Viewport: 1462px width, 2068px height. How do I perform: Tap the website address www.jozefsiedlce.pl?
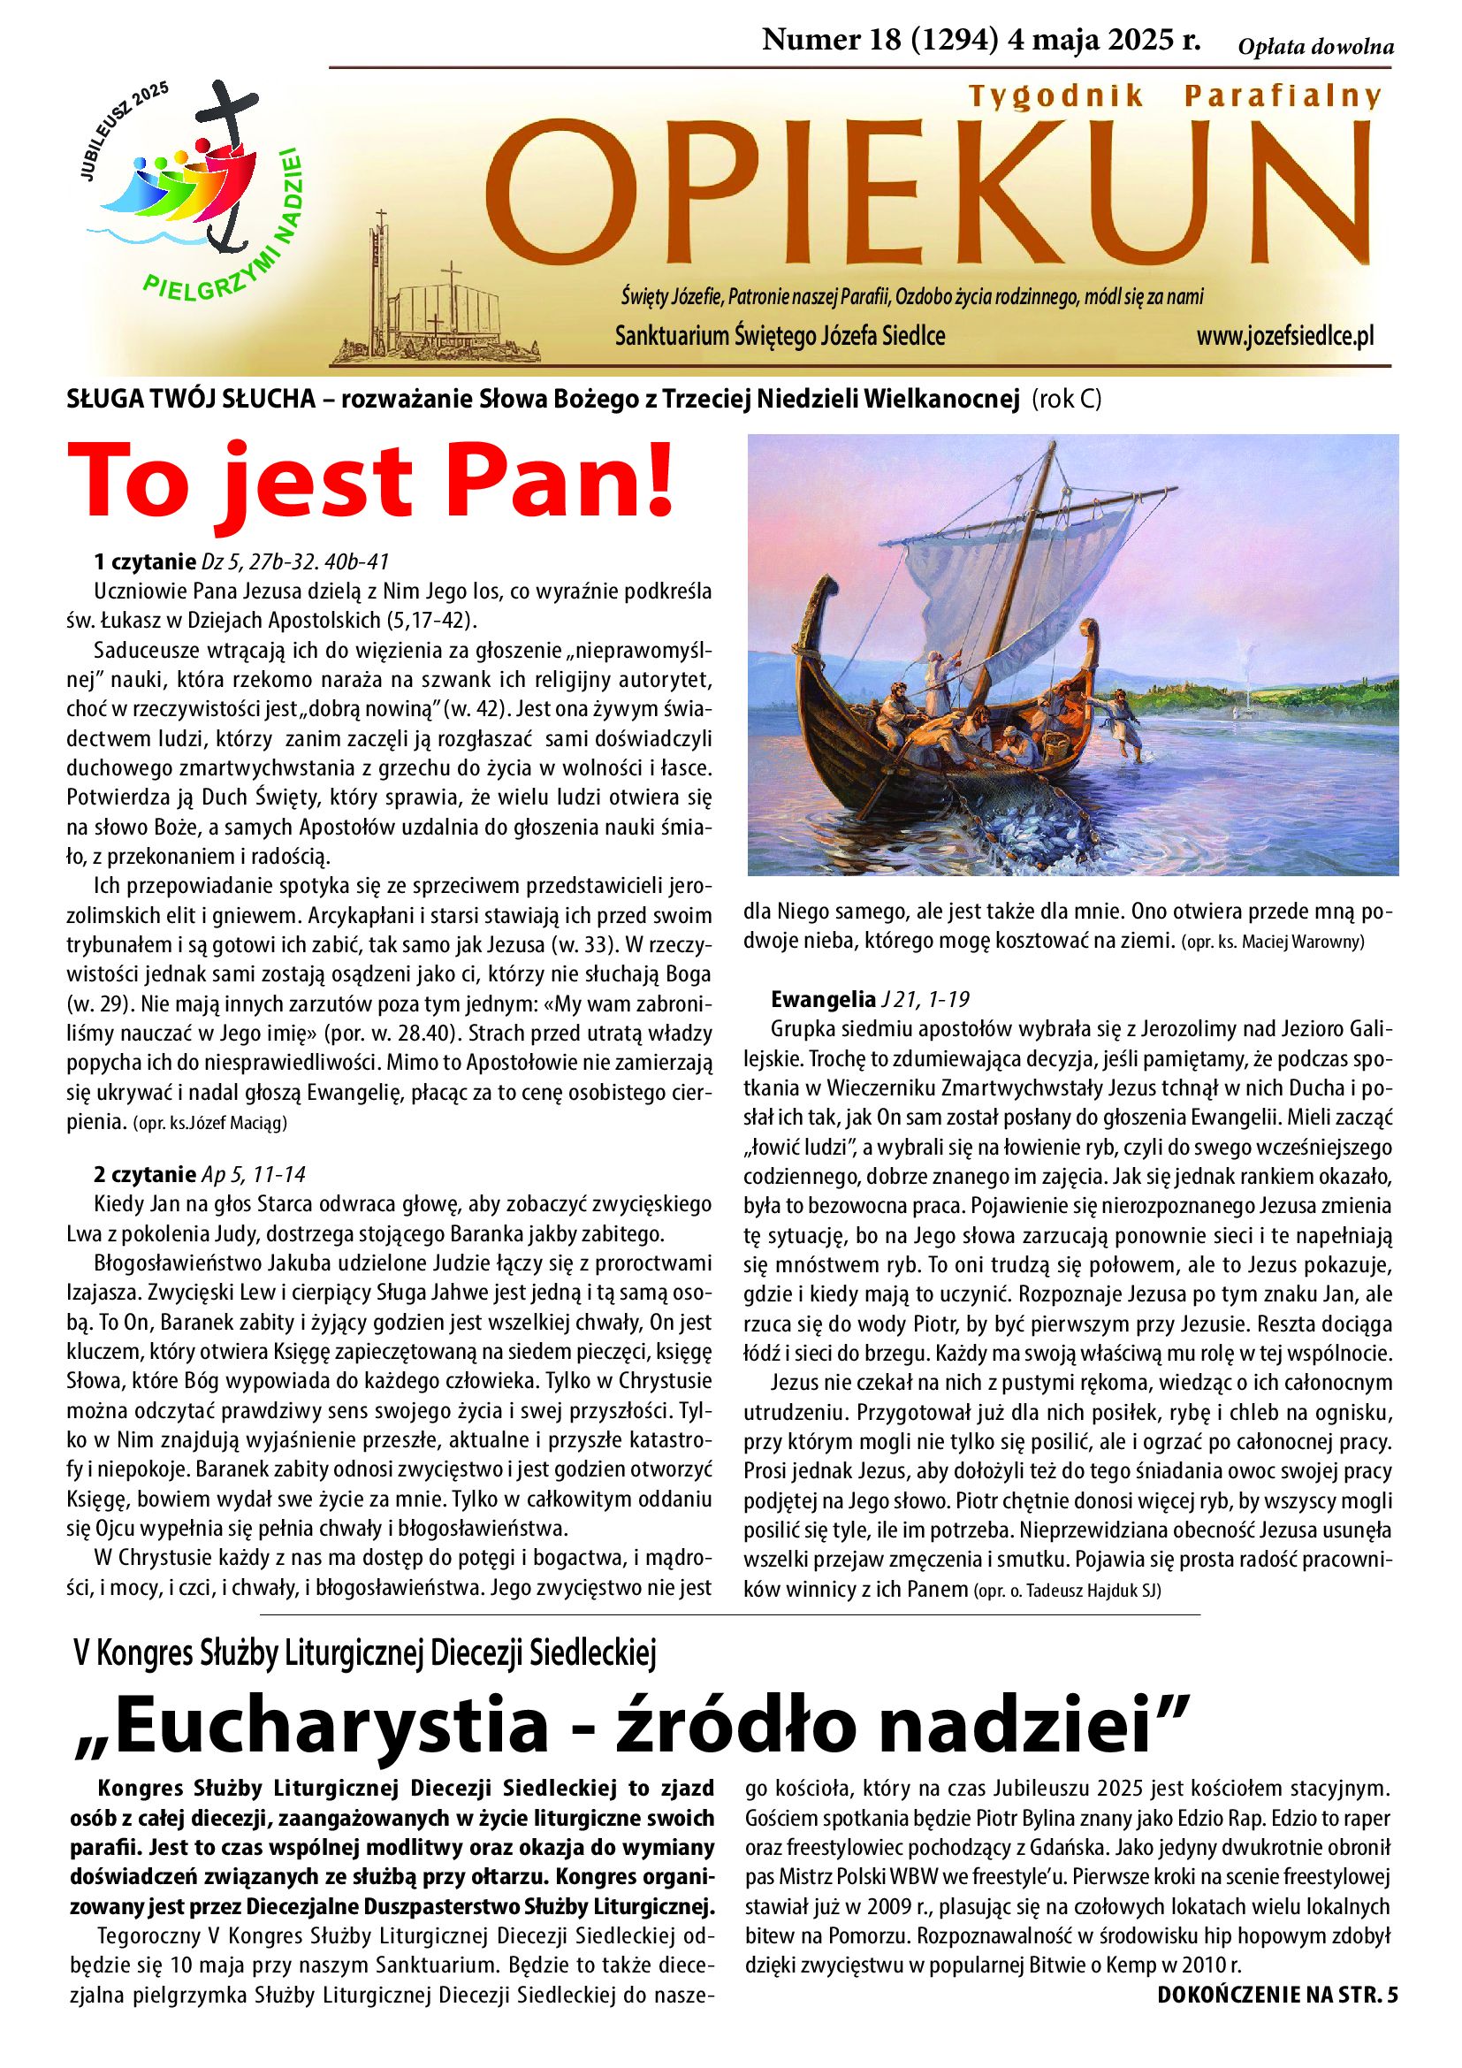click(1284, 337)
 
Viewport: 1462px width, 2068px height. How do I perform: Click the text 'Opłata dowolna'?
click(1315, 48)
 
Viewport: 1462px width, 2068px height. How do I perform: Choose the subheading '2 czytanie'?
click(144, 1174)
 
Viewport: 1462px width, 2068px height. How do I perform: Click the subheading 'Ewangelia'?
click(823, 999)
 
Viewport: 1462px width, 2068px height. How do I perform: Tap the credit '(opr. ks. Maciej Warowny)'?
click(1273, 943)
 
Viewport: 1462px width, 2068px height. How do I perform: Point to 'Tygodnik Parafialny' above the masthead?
click(1174, 96)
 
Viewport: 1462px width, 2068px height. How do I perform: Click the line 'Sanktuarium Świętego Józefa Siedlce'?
click(780, 337)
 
